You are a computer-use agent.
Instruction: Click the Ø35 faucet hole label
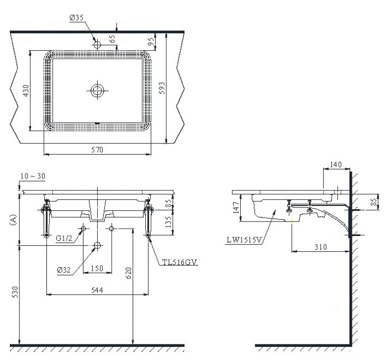77,18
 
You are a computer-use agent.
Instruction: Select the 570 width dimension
97,150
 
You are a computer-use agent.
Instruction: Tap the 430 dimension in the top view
25,91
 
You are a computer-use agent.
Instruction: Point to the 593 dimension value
162,88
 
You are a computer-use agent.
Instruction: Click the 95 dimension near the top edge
152,42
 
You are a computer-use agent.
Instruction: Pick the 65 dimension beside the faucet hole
112,39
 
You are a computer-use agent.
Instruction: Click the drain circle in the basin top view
98,91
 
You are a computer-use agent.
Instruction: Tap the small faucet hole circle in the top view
97,45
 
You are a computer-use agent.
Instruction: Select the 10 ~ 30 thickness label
33,176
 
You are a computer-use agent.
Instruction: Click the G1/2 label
64,238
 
